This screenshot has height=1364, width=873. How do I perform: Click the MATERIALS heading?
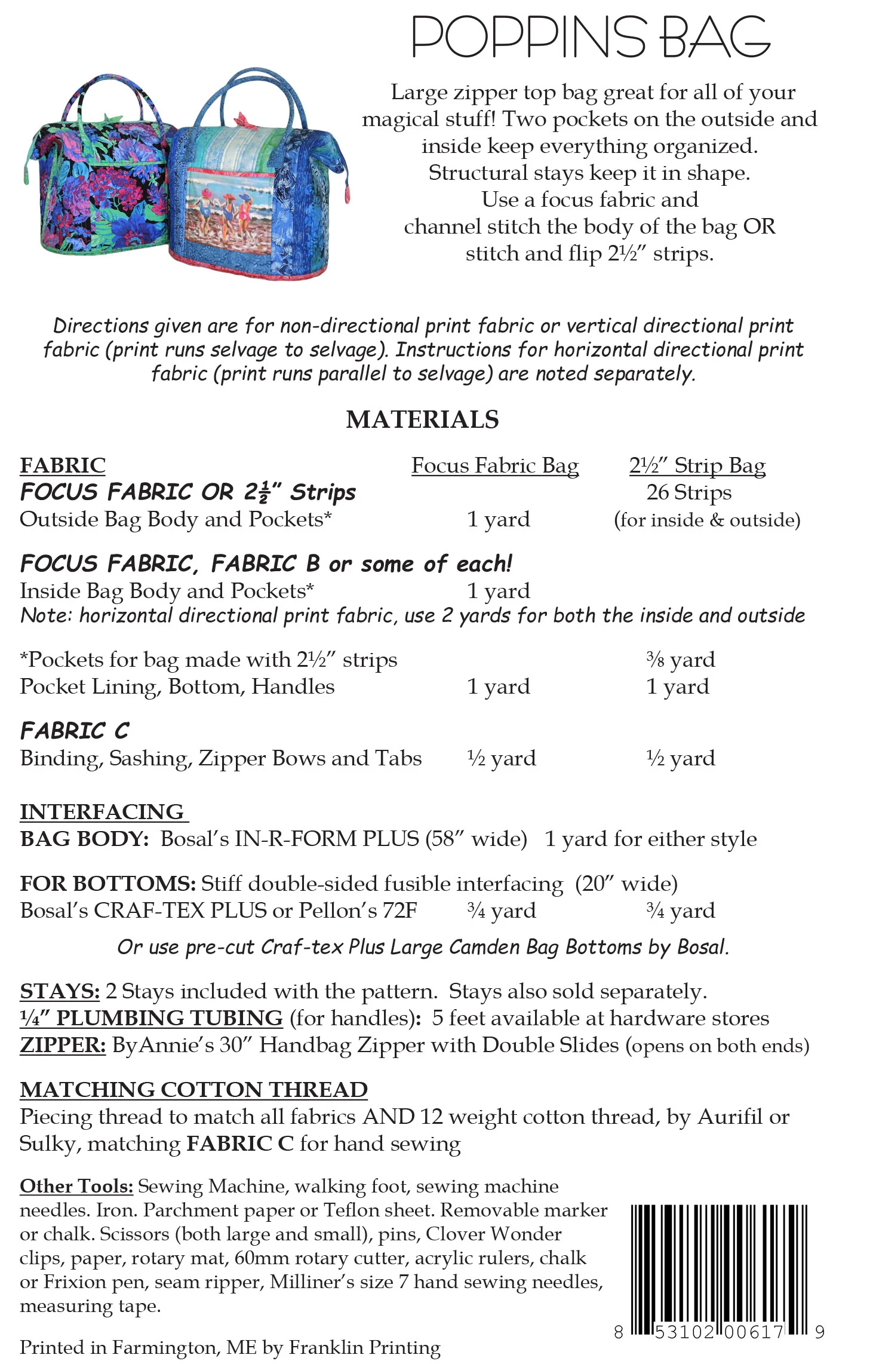[422, 419]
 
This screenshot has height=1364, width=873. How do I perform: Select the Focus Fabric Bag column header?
[495, 465]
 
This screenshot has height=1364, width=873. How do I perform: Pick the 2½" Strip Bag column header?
[697, 465]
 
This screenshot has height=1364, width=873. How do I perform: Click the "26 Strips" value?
[688, 492]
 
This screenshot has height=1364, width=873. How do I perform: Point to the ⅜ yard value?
[680, 660]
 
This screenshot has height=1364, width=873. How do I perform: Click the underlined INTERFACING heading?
[102, 812]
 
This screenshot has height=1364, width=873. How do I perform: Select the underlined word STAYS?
[60, 991]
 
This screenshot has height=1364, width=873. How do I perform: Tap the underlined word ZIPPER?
[63, 1045]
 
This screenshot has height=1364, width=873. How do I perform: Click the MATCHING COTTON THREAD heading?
[193, 1090]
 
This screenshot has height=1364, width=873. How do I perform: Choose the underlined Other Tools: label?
[76, 1186]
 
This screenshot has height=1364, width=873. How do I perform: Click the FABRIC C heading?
[75, 731]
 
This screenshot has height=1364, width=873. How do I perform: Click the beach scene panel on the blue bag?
[227, 209]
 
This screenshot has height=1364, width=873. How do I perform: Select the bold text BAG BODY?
[84, 839]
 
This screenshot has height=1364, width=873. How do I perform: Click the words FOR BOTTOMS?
[107, 884]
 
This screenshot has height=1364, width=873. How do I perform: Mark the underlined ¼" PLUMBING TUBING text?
[151, 1018]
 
